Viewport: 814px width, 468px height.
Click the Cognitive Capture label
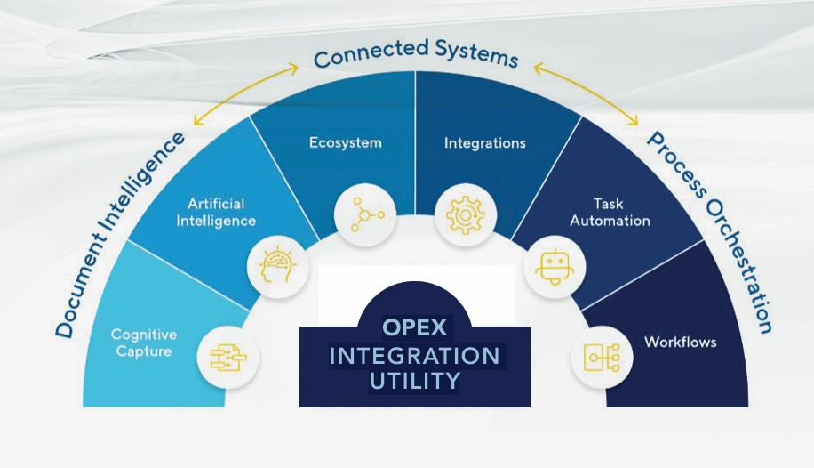143,343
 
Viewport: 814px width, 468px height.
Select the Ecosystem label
345,142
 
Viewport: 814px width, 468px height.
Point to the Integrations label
484,142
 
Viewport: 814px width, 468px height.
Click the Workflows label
680,342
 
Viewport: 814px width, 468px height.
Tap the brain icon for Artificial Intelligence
270,262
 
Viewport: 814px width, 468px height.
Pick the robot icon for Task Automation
554,265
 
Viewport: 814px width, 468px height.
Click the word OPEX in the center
415,327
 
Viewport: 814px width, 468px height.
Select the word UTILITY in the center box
414,382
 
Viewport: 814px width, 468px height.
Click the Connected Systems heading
415,55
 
